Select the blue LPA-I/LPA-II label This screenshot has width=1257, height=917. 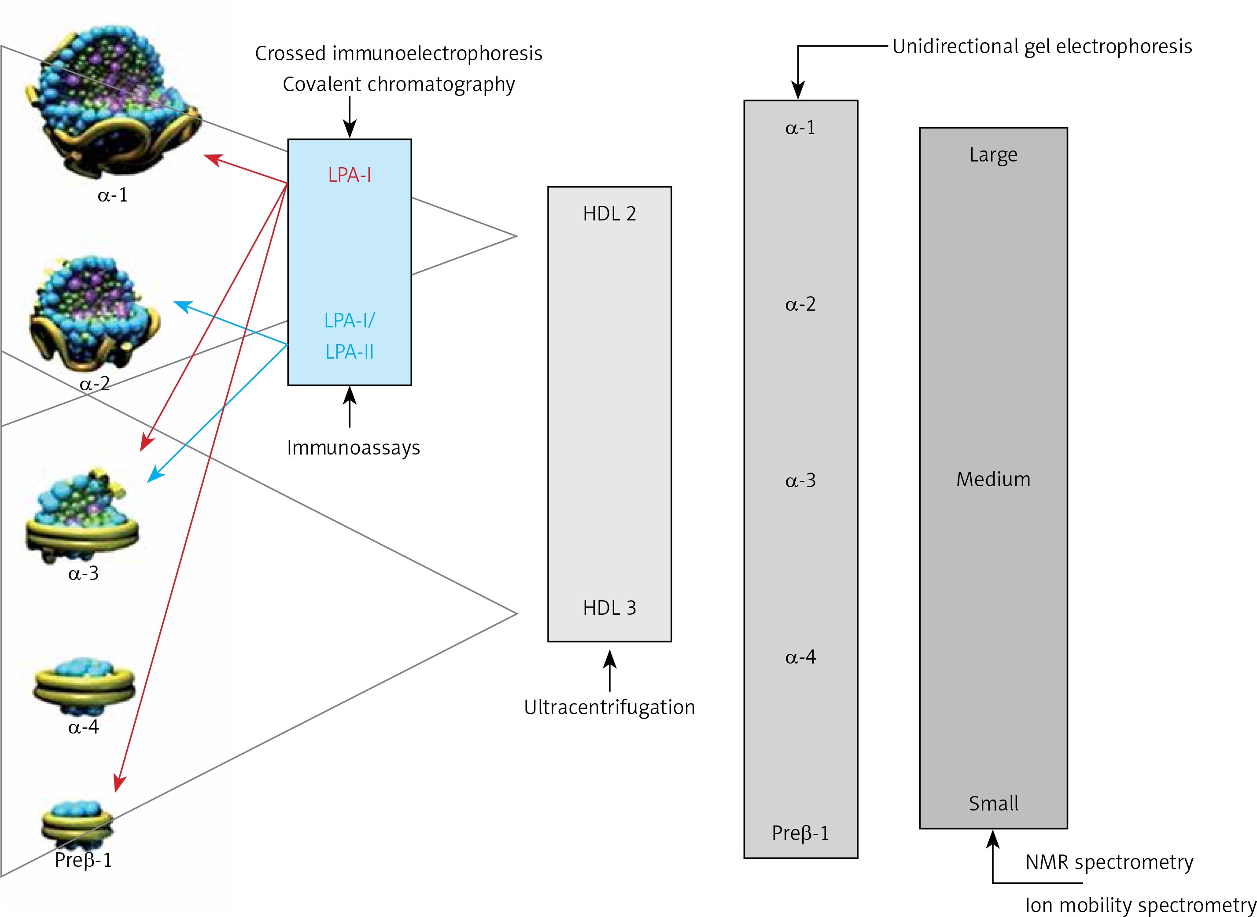(x=350, y=336)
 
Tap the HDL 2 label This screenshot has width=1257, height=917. (x=609, y=214)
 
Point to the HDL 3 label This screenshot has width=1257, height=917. (x=609, y=608)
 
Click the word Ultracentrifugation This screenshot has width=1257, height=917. (x=609, y=707)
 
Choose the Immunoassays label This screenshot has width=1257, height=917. (x=353, y=447)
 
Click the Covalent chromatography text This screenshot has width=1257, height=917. (x=399, y=84)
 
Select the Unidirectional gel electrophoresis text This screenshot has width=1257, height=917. (x=1042, y=46)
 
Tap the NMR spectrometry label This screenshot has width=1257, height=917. (x=1109, y=862)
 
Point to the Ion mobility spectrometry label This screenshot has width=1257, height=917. (x=1140, y=905)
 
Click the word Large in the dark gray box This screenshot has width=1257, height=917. (x=993, y=154)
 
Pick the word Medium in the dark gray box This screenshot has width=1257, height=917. (x=993, y=479)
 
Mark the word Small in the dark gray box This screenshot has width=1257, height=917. (x=993, y=803)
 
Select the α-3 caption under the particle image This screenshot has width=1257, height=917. (x=83, y=573)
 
